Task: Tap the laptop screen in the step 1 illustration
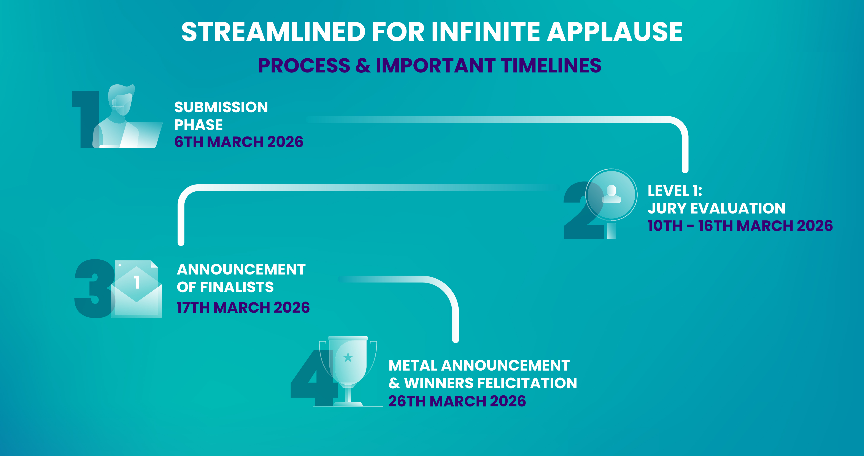click(x=143, y=134)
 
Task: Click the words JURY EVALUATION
click(x=716, y=208)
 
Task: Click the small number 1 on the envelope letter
click(x=137, y=282)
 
